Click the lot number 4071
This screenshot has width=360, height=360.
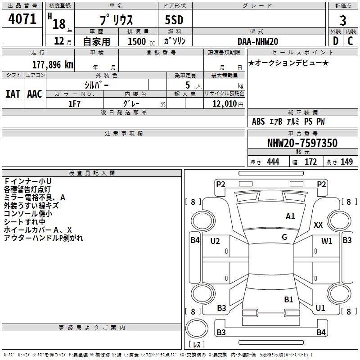[22, 19]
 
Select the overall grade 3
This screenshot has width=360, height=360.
[343, 21]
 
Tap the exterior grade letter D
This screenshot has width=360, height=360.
[336, 41]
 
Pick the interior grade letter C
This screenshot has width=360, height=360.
[350, 41]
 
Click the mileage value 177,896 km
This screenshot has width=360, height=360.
[53, 65]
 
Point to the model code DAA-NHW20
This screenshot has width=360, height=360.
[258, 41]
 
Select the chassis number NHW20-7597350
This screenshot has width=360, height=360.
[302, 143]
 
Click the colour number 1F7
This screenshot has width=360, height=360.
[74, 104]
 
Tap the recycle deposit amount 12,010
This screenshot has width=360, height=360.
[224, 104]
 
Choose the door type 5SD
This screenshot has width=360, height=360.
[174, 20]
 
